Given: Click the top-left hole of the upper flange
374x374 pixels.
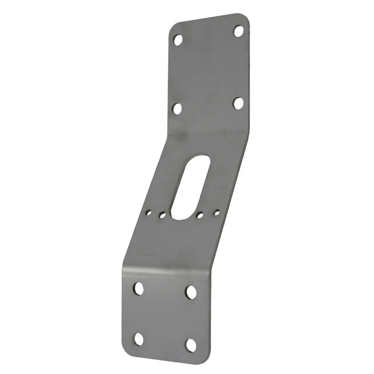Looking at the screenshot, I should (178, 40).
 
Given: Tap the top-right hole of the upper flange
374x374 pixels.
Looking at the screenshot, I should (238, 31).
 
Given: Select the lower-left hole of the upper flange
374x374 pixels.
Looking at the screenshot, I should (177, 108).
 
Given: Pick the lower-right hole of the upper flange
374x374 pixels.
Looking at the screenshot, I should (238, 103).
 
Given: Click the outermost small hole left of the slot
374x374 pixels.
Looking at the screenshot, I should (149, 213).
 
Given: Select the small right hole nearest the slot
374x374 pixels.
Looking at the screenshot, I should (200, 216).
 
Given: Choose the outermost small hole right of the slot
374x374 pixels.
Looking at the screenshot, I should (216, 213).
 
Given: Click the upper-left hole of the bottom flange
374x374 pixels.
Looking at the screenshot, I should (138, 288).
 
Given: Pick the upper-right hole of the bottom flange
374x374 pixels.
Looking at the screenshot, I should (191, 292).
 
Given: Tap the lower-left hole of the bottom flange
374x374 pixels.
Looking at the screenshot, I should (138, 338).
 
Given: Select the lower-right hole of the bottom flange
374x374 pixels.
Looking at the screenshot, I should (191, 345).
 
